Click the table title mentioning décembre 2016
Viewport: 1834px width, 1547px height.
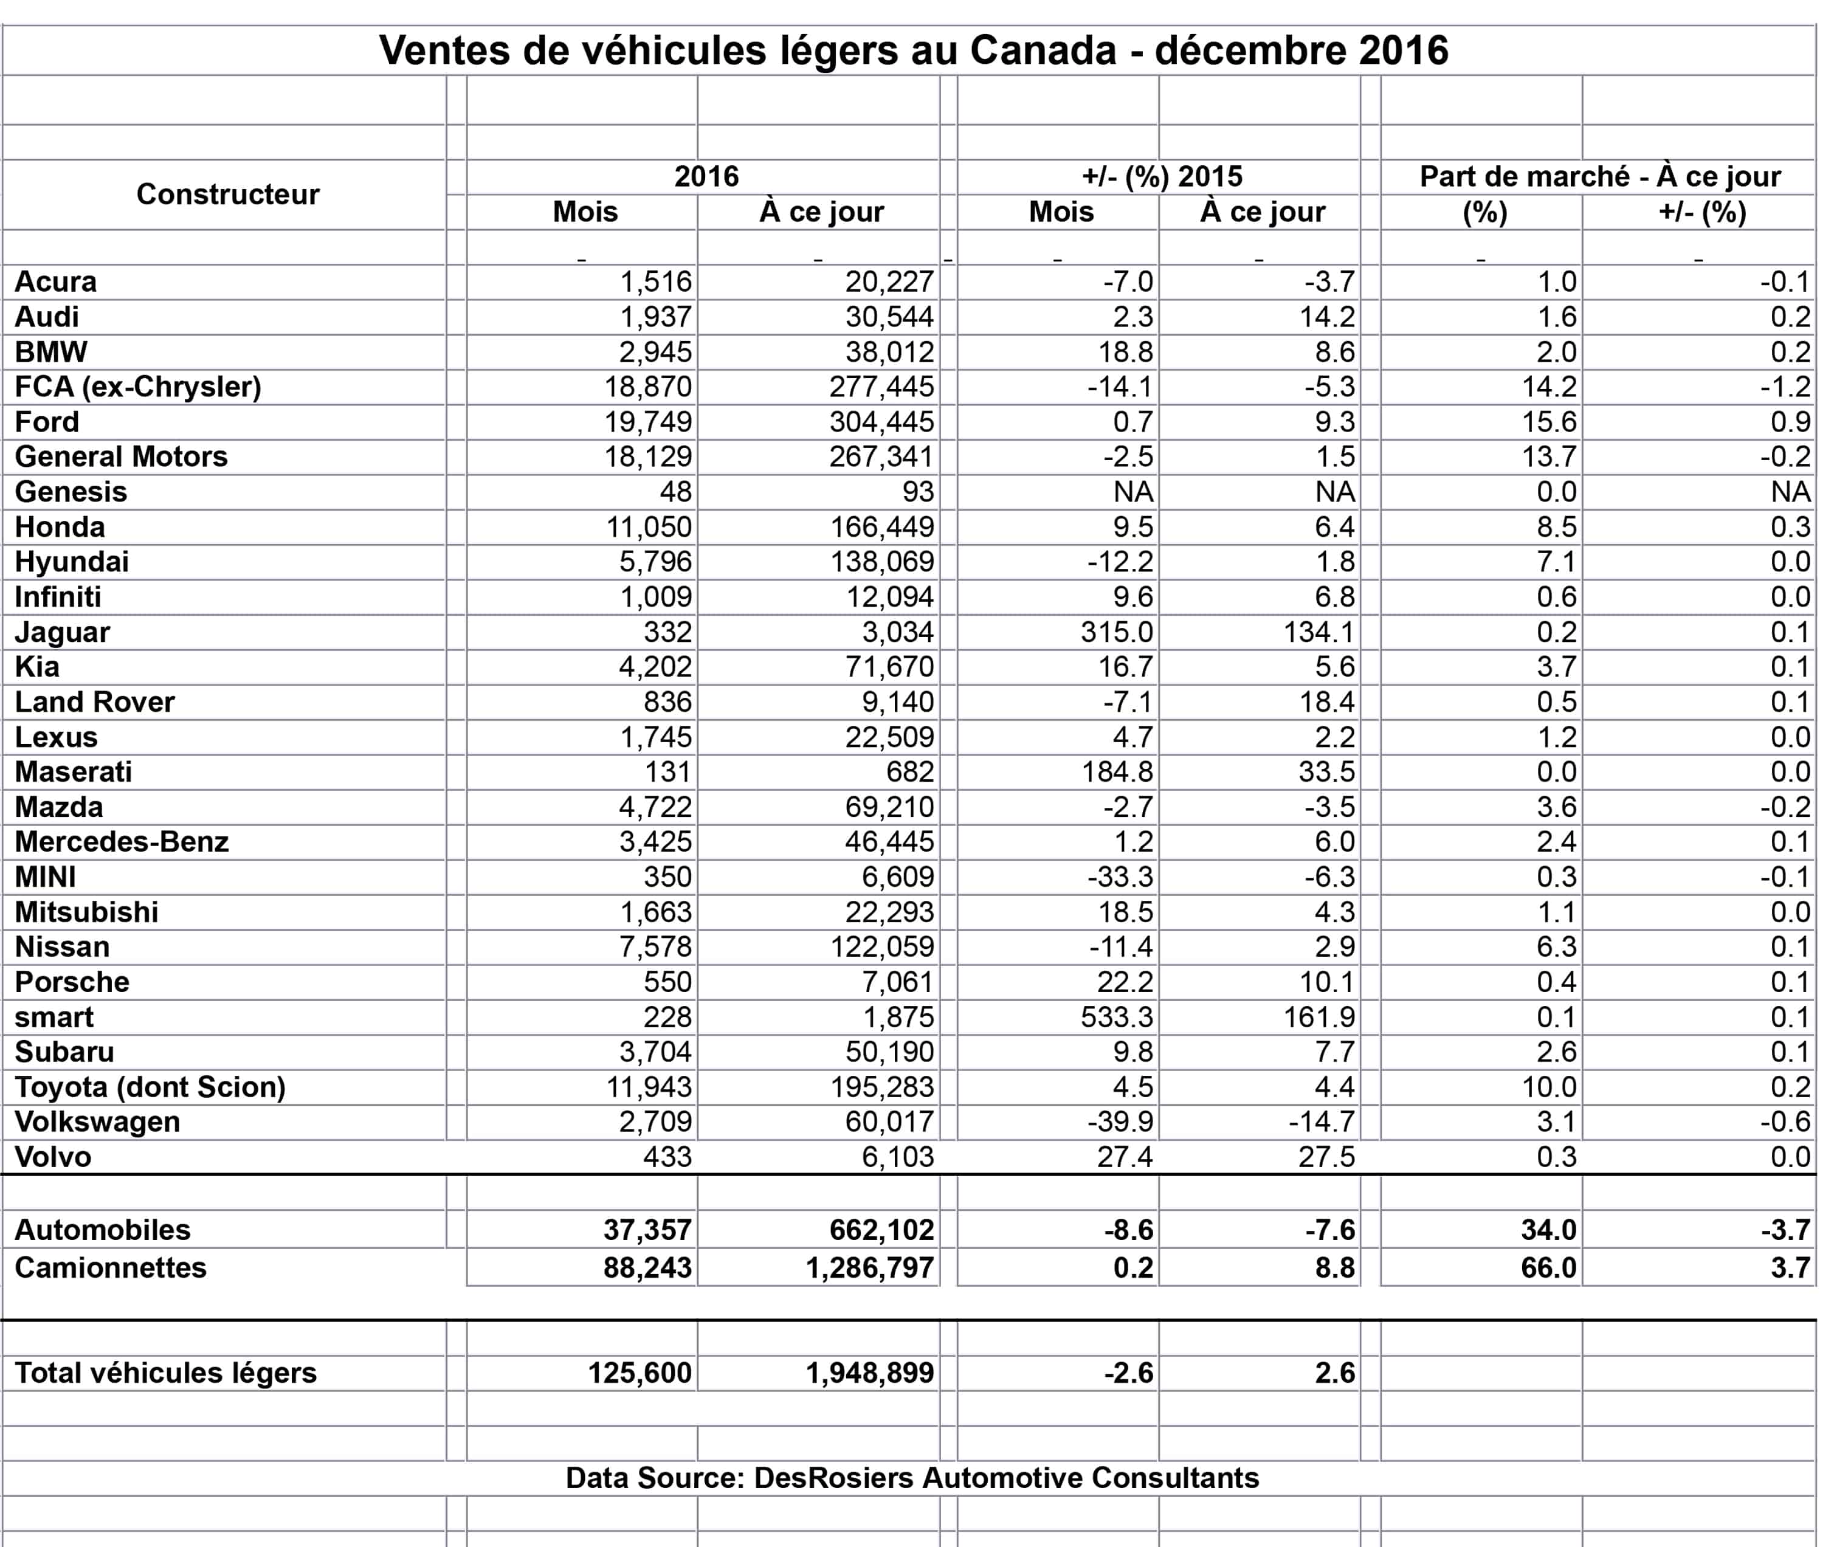tap(913, 51)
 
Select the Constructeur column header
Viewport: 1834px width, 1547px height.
tap(227, 194)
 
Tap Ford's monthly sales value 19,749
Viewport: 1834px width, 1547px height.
tap(647, 422)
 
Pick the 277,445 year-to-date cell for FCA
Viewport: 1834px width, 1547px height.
tap(881, 387)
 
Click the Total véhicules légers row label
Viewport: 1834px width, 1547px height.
tap(166, 1373)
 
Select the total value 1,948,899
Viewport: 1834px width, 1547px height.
tap(869, 1373)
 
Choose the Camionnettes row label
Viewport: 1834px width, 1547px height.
tap(111, 1268)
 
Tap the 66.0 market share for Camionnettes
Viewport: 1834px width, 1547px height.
tap(1548, 1268)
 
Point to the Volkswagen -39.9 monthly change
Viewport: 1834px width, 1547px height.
tap(1120, 1121)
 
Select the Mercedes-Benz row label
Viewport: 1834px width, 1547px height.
tap(122, 842)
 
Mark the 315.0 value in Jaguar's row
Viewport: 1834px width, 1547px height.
tap(1117, 632)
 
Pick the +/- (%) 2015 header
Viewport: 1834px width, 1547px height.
tap(1162, 176)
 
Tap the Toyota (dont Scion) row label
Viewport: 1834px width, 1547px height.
tap(150, 1087)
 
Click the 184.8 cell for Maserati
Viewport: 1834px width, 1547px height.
tap(1117, 772)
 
